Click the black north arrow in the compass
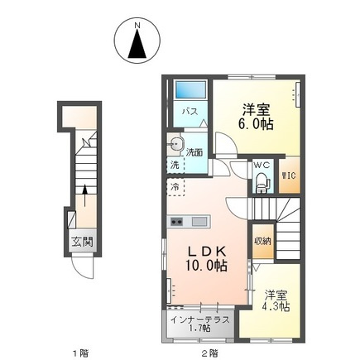tap(137, 44)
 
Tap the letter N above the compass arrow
tap(137, 26)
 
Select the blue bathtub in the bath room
tap(191, 89)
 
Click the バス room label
tap(190, 112)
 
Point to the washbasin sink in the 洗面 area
tap(175, 143)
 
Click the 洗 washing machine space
tap(175, 165)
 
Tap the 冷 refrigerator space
tap(175, 187)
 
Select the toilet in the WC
tap(262, 183)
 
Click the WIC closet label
tap(289, 175)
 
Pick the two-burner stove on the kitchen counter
tap(177, 221)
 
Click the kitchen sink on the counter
tap(199, 222)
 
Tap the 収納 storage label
tap(263, 242)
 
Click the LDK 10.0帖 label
tap(206, 258)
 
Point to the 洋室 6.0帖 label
tap(256, 117)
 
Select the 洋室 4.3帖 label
tap(276, 301)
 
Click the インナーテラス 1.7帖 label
tap(200, 324)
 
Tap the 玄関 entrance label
tap(82, 242)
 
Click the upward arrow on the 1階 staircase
tap(85, 195)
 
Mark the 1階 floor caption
tap(80, 353)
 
